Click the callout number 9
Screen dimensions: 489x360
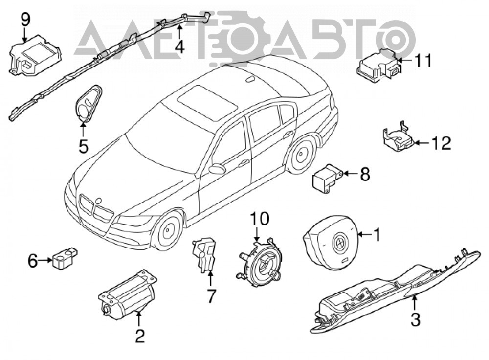coord(25,20)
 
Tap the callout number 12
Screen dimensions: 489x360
coord(441,143)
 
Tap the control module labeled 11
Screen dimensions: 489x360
coord(378,65)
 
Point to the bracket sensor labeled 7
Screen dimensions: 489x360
coord(204,254)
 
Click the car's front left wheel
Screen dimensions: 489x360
coord(169,231)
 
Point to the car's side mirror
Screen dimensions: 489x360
coord(218,168)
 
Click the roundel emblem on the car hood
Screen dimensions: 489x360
coord(99,201)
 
